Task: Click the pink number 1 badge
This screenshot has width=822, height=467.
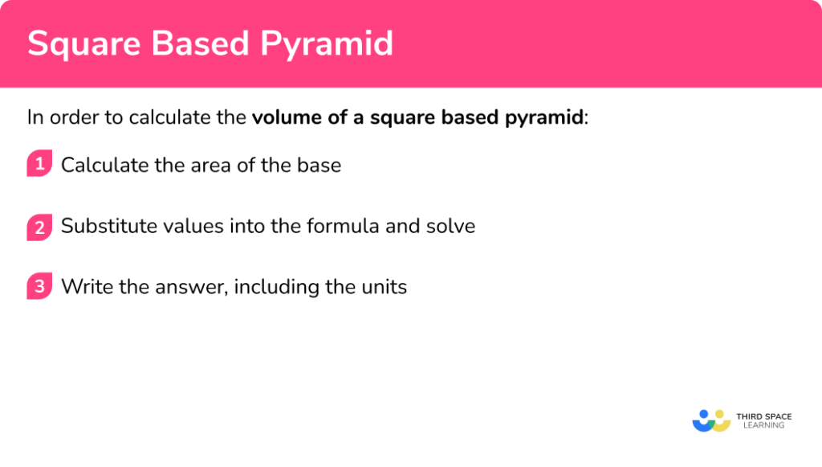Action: tap(39, 164)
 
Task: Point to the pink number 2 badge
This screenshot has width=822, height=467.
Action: tap(39, 226)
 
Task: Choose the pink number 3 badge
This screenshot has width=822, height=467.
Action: tap(39, 287)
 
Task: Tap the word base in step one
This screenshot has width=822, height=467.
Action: tap(319, 166)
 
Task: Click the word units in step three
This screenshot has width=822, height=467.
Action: tap(384, 287)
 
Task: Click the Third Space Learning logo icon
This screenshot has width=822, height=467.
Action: tap(710, 420)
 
